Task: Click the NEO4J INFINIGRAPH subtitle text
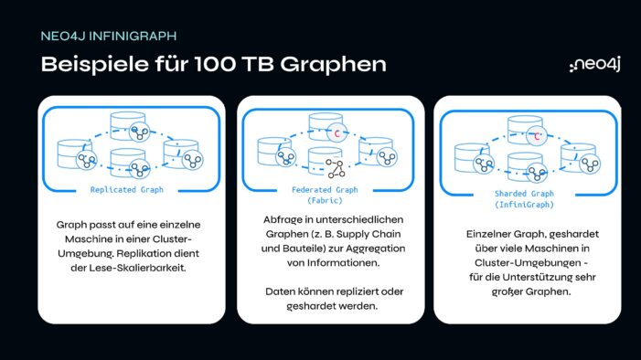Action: coord(109,37)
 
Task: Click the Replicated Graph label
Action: coord(126,190)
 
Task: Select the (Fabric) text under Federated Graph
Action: coord(326,201)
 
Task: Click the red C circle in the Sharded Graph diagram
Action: coord(537,138)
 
